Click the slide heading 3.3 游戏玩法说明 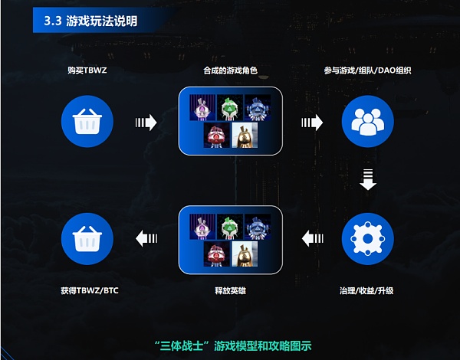tap(90, 21)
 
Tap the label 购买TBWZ tap(87, 71)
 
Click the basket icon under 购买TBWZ tap(87, 122)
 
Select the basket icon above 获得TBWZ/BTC tap(87, 239)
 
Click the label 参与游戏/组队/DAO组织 tap(367, 71)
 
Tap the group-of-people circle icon tap(367, 122)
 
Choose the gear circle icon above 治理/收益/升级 tap(367, 239)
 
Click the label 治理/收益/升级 tap(367, 292)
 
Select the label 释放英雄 tap(229, 292)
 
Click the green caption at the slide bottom tap(229, 345)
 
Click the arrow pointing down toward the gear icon tap(367, 180)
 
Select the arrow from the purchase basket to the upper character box tap(145, 122)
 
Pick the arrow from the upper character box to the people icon tap(312, 122)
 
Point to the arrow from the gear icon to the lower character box tap(312, 239)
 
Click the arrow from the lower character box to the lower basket tap(145, 239)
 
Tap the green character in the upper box tap(230, 108)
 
